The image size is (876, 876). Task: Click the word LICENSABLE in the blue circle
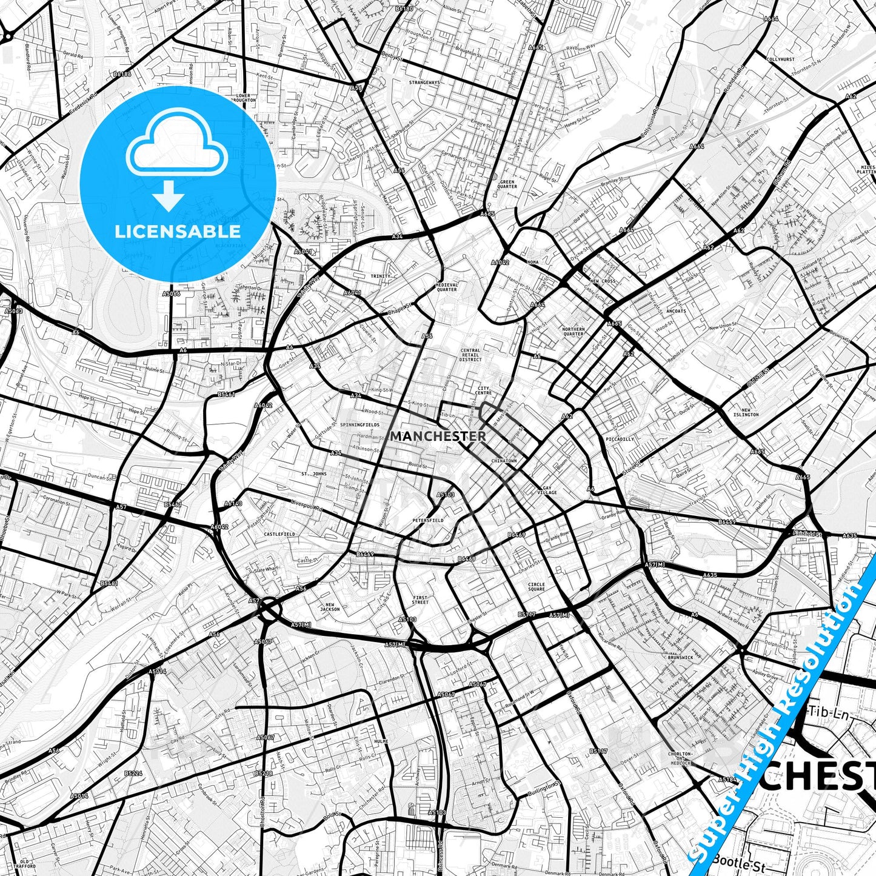point(178,231)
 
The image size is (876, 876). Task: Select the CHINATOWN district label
point(504,461)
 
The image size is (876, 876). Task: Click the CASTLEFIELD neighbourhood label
point(279,534)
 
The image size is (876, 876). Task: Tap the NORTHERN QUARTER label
point(573,332)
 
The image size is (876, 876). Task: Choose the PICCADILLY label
point(620,439)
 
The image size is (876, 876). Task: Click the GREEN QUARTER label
point(507,184)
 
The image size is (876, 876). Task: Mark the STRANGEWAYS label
point(424,82)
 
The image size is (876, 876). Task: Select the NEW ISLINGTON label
point(746,412)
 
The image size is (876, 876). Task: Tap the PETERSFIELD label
point(428,520)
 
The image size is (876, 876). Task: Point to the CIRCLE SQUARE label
point(536,587)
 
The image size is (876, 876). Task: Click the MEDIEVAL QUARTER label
point(447,287)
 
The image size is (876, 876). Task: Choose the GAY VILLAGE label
point(547,490)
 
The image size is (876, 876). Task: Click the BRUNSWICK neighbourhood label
point(680,657)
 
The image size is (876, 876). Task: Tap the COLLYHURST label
point(780,59)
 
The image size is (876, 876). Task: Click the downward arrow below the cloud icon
point(169,196)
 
